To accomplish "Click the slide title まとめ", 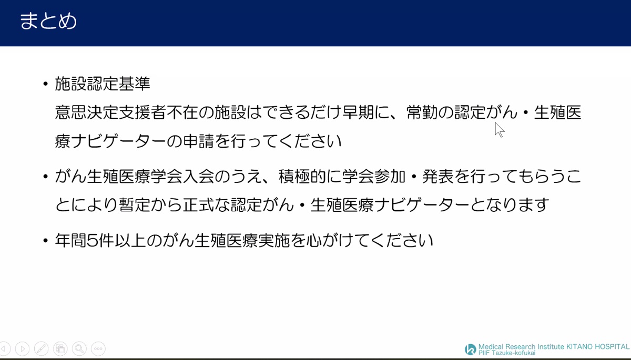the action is coord(48,21).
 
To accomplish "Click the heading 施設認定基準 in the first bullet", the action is coord(103,84).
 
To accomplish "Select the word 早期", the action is coord(358,112).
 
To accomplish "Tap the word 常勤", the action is coord(422,112).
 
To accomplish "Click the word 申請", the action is coord(198,141).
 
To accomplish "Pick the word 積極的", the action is coord(302,177).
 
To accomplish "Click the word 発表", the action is coord(438,177).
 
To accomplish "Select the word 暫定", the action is coord(135,204).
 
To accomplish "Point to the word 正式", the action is coord(198,204).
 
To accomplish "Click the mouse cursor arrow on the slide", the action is coord(498,130).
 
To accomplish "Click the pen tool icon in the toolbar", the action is coord(41,349).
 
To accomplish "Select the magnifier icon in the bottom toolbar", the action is coord(79,349).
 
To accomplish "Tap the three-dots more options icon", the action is coord(98,349).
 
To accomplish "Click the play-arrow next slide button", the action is coord(22,349).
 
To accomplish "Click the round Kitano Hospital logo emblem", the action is coord(471,349).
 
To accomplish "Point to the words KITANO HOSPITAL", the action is coord(598,346).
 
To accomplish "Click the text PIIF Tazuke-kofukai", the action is coord(507,353).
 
